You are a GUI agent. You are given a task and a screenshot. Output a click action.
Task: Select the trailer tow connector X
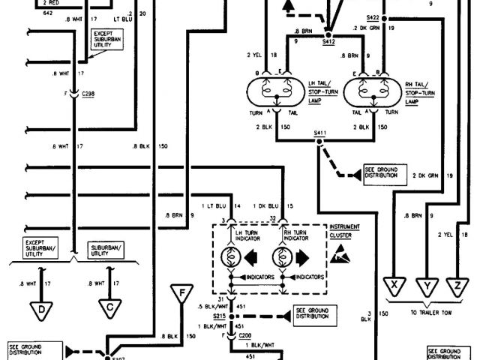coord(392,285)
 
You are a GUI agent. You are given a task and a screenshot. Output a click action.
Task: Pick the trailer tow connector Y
coord(426,285)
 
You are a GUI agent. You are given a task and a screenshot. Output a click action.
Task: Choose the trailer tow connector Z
coord(457,285)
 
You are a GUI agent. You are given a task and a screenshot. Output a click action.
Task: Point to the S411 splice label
coord(321,133)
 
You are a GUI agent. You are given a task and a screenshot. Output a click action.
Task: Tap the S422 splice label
coord(373,16)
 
